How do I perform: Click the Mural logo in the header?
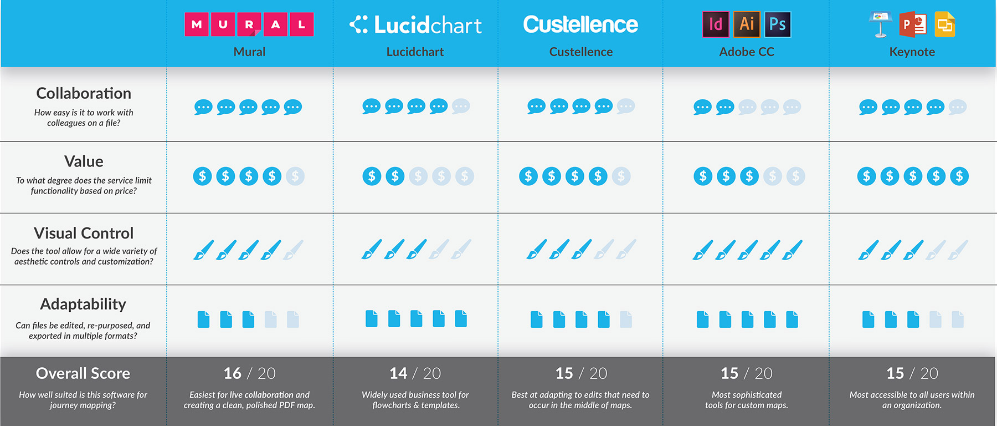tap(249, 24)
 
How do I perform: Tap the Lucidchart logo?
tap(415, 25)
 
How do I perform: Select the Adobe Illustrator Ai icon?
tap(747, 24)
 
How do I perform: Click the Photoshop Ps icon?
tap(777, 24)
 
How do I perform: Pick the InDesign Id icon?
tap(716, 24)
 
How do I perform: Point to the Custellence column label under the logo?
tap(580, 52)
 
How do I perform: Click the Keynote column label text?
tap(912, 52)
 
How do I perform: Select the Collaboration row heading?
tap(84, 93)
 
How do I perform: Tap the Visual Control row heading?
tap(84, 233)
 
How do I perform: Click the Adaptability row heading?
tap(83, 304)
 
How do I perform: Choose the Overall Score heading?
tap(83, 373)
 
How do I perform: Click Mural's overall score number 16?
tap(233, 373)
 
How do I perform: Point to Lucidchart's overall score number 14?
tap(398, 373)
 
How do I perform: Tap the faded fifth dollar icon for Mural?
tap(295, 176)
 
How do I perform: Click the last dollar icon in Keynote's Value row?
tap(959, 176)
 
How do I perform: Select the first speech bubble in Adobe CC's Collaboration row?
tap(702, 107)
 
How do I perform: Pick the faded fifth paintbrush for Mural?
tap(293, 250)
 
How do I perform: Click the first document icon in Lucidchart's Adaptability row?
tap(372, 318)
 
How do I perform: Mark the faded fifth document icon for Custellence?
tap(626, 319)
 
